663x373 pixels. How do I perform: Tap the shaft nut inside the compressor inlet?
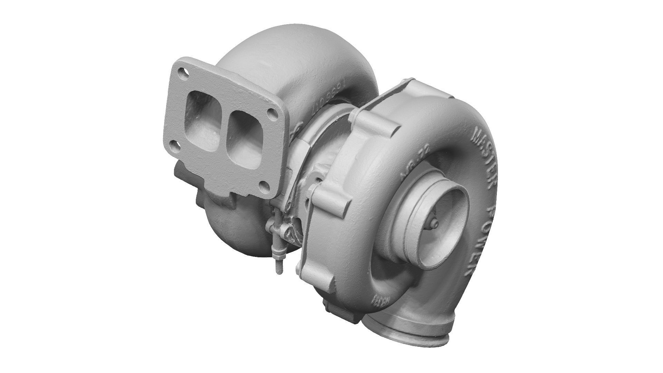point(434,225)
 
